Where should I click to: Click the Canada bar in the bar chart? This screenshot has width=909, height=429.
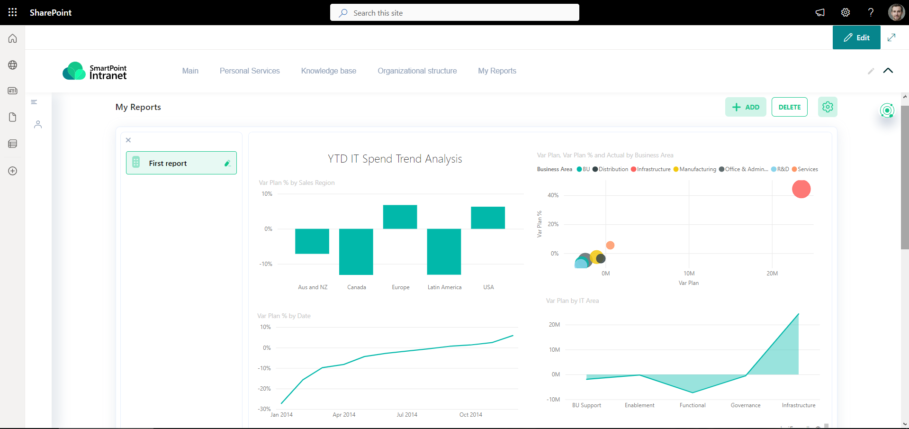tap(356, 251)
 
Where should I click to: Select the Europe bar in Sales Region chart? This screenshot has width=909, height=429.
tap(400, 217)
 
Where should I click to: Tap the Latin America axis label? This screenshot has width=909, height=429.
tap(444, 287)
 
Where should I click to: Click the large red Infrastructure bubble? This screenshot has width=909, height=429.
tap(801, 189)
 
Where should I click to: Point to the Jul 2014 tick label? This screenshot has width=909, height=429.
tap(407, 415)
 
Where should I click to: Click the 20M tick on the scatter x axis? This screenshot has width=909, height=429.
tap(772, 274)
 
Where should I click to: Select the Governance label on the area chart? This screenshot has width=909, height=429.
tap(745, 405)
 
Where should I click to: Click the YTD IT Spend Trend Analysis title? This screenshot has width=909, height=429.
tap(395, 159)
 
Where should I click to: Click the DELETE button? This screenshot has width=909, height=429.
tap(789, 107)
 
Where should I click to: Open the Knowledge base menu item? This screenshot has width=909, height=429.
tap(328, 71)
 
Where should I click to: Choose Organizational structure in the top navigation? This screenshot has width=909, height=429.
tap(417, 71)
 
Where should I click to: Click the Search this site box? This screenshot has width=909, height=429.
tap(454, 13)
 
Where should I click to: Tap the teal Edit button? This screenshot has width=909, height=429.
tap(856, 37)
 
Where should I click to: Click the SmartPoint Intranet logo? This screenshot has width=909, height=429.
tap(95, 71)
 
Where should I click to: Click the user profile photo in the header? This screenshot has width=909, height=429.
tap(896, 12)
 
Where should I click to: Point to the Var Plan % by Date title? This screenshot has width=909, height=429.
tap(284, 316)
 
